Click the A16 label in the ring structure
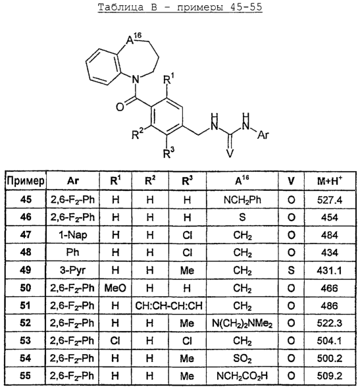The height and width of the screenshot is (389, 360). (134, 38)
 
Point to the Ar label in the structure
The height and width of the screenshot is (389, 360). (263, 135)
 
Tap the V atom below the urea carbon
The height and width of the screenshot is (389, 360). (230, 153)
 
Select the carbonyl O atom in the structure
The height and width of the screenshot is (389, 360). (120, 107)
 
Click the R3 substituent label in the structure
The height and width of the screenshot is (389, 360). (168, 152)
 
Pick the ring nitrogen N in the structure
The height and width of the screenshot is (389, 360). (135, 80)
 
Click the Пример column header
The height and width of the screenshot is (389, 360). (26, 181)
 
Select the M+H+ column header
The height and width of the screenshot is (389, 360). (330, 180)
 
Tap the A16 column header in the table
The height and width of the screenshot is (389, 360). (242, 180)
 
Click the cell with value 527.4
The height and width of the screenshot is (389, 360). (330, 199)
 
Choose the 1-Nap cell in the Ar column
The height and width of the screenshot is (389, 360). (73, 235)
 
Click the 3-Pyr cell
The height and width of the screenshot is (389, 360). (73, 270)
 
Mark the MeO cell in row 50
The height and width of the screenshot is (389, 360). (115, 288)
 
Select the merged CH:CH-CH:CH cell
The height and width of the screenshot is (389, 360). (168, 305)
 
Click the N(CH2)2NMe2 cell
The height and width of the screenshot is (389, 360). (242, 323)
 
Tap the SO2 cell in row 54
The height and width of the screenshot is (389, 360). (242, 359)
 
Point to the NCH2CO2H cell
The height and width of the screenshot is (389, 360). (242, 376)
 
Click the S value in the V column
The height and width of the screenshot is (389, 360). (291, 270)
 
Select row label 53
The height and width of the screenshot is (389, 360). (26, 341)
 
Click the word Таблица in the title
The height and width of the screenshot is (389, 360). (120, 7)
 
